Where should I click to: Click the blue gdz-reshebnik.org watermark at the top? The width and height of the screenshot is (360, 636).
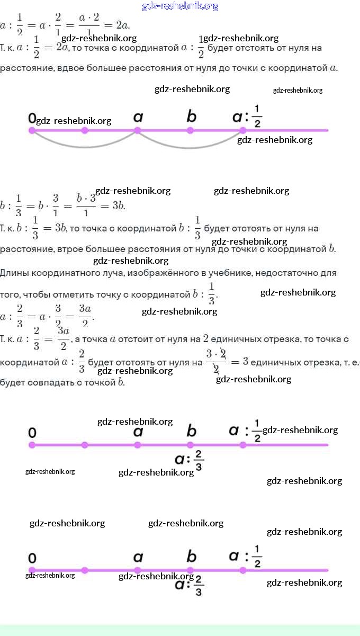click(180, 6)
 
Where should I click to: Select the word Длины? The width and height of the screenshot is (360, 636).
click(13, 273)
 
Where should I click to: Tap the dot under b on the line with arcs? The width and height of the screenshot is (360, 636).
click(190, 130)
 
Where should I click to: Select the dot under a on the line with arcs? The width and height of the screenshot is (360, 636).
click(138, 130)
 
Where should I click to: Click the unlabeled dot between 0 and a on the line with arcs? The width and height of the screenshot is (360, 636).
click(85, 130)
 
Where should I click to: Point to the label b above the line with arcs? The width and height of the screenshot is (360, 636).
click(191, 116)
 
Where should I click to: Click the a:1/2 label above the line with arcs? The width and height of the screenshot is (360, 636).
click(247, 116)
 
